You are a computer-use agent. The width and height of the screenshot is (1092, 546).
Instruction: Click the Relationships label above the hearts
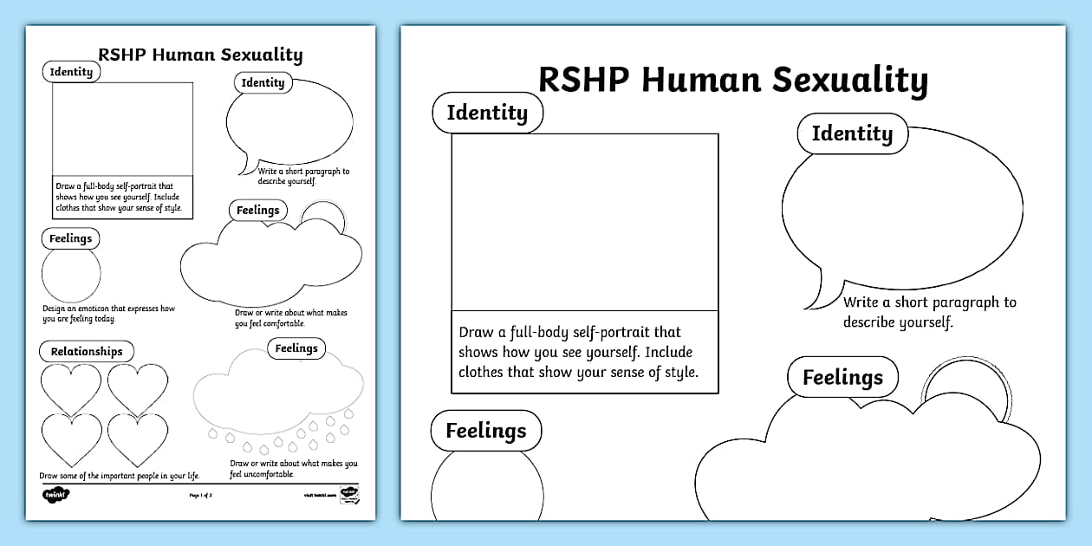tap(87, 351)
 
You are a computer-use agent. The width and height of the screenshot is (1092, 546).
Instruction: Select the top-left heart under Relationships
tap(72, 387)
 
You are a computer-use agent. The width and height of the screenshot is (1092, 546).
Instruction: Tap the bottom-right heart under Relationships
tap(138, 439)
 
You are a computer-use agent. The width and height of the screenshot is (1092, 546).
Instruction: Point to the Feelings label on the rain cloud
tap(296, 348)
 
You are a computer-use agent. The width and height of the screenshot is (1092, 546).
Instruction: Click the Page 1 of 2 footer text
tap(200, 495)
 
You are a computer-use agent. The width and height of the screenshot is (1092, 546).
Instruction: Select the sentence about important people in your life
tap(119, 476)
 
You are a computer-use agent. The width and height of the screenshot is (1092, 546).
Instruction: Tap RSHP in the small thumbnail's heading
tap(120, 55)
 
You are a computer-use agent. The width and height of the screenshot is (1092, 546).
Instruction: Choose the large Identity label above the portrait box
tap(487, 113)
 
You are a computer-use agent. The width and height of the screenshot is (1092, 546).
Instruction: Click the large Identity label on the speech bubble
tap(852, 133)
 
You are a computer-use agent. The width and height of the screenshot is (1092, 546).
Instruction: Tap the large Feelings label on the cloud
tap(842, 378)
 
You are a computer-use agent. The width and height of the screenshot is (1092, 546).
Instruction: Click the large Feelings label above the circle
tap(485, 431)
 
